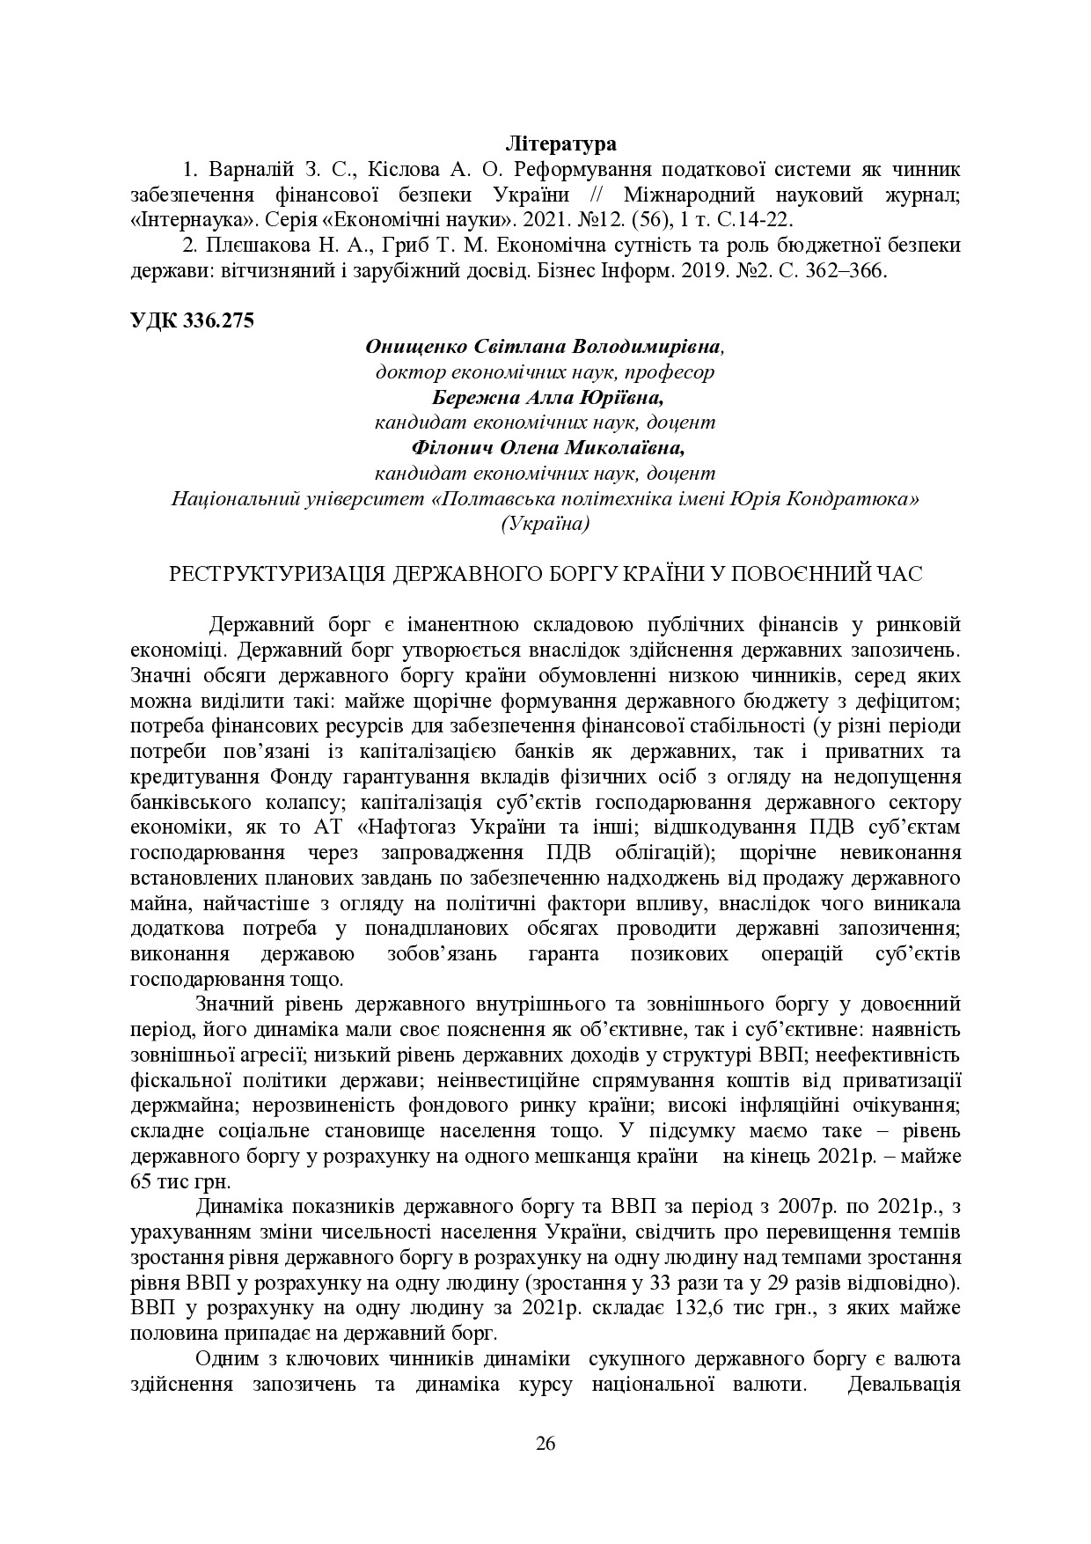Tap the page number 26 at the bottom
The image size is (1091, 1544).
[x=545, y=1443]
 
